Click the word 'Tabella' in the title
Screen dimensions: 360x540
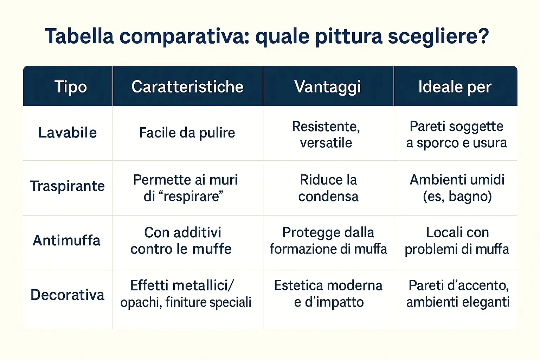point(79,36)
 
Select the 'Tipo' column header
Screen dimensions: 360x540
point(71,87)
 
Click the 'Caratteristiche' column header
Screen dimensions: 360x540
point(187,87)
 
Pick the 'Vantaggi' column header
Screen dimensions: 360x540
point(328,87)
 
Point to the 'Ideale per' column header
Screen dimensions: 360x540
point(455,87)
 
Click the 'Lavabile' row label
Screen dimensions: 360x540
point(67,133)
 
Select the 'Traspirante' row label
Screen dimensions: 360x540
point(67,186)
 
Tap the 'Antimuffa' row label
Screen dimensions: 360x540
point(66,241)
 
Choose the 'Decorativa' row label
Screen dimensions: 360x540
point(67,295)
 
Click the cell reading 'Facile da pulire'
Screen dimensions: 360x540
point(187,133)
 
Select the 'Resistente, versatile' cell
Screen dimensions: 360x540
point(326,135)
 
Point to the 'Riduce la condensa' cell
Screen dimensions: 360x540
point(328,188)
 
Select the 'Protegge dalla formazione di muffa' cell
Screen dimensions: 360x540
point(328,241)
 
